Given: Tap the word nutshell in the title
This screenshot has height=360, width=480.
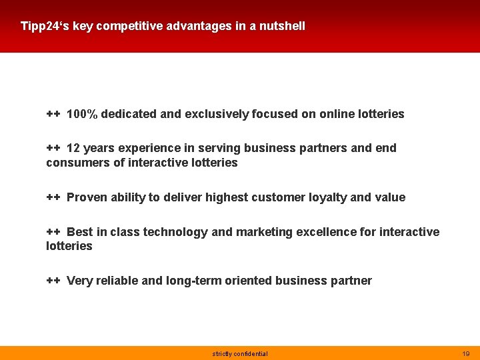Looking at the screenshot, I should [x=283, y=27].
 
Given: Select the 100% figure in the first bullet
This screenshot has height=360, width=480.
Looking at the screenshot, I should [x=82, y=114].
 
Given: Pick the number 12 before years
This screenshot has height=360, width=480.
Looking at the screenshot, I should [x=73, y=148].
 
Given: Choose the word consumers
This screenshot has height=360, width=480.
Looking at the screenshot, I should [x=73, y=163].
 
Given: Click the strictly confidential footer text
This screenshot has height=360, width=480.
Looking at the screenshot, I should [x=240, y=354].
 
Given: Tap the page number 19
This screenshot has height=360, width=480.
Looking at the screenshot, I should [x=465, y=354].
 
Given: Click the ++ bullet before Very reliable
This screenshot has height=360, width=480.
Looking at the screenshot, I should [x=53, y=281].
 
